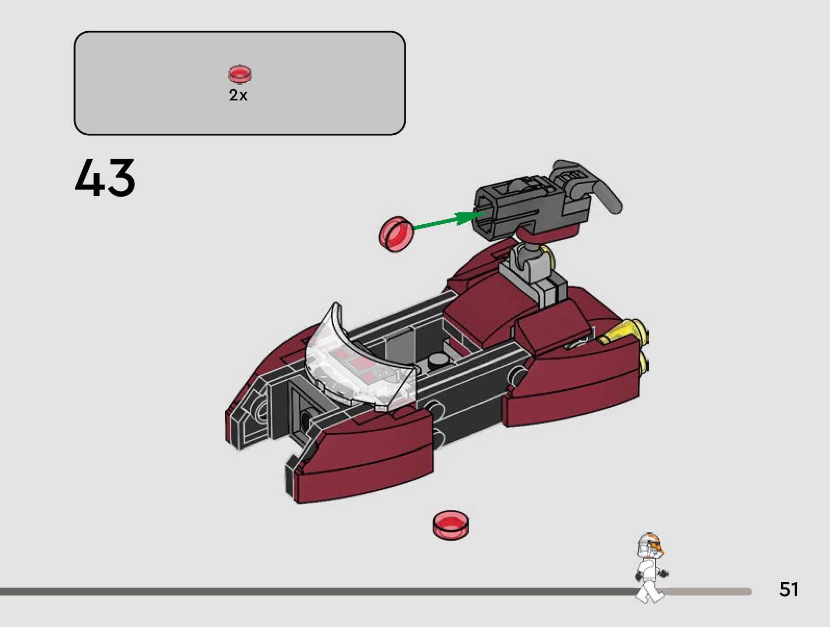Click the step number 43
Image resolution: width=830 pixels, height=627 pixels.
pyautogui.click(x=105, y=178)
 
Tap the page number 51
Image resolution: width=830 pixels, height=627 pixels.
pyautogui.click(x=788, y=589)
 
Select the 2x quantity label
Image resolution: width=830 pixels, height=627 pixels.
pyautogui.click(x=238, y=95)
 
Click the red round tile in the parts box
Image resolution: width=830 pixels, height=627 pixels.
pyautogui.click(x=240, y=74)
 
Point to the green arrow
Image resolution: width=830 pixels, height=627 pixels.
pyautogui.click(x=443, y=222)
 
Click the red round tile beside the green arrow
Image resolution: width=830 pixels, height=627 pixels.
pyautogui.click(x=396, y=234)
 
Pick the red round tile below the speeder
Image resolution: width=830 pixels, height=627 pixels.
pyautogui.click(x=450, y=524)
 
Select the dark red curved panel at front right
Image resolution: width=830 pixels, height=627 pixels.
pyautogui.click(x=364, y=458)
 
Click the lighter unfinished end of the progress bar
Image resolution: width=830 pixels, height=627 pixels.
pyautogui.click(x=708, y=592)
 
